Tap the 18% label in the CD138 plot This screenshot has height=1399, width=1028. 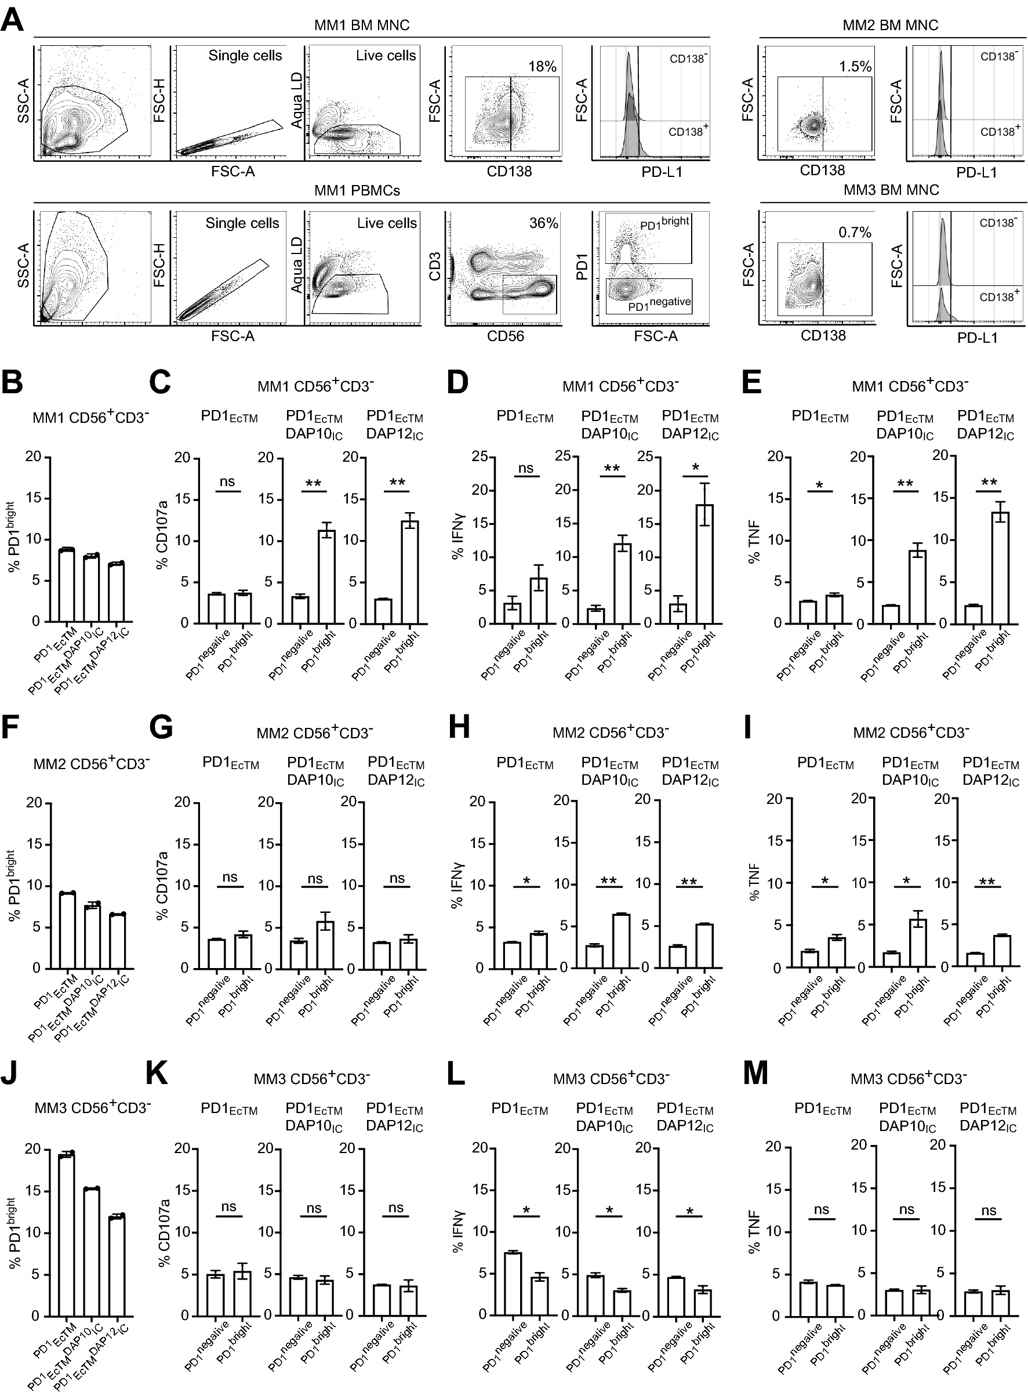click(x=542, y=66)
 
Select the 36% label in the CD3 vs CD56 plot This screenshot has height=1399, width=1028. click(x=543, y=223)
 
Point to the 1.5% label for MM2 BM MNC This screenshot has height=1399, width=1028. click(x=855, y=67)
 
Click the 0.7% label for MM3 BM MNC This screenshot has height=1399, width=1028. click(x=855, y=233)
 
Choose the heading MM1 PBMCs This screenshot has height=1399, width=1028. click(x=357, y=190)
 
